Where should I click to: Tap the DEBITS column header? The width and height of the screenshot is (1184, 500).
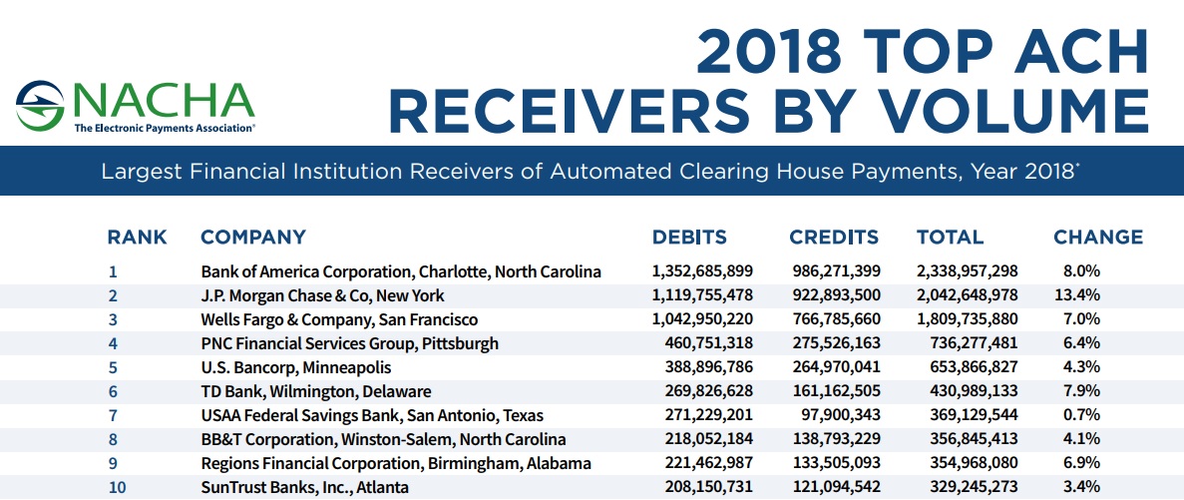click(689, 238)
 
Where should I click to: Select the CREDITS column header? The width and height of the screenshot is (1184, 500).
click(834, 238)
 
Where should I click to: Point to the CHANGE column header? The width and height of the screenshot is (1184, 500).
click(1098, 238)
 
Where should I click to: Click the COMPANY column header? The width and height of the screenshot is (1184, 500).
click(253, 238)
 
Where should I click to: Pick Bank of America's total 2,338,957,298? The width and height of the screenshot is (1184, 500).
click(967, 271)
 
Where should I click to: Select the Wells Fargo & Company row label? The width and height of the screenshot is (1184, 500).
click(339, 319)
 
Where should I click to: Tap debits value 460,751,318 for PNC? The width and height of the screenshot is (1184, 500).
click(702, 343)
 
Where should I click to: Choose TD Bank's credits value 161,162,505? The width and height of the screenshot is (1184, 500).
click(838, 391)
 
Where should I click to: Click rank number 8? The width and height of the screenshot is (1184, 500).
click(113, 439)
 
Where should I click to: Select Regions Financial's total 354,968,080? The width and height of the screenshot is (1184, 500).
click(967, 463)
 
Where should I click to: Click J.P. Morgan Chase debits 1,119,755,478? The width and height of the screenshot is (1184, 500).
click(702, 295)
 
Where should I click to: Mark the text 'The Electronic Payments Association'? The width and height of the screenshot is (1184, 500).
click(164, 129)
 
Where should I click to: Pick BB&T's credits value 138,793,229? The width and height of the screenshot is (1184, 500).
click(838, 439)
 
